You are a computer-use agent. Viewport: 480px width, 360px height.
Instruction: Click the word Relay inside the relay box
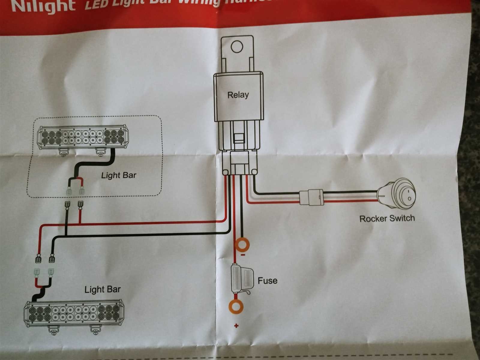point(238,95)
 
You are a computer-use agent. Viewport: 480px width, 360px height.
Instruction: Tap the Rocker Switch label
point(387,218)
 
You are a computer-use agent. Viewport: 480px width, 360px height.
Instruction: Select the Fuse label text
point(267,280)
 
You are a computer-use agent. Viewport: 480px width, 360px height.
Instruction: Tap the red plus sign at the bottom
point(237,326)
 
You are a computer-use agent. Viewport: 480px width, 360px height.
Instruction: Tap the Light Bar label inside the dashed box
point(118,175)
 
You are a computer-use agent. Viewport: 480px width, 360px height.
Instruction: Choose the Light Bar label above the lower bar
point(102,289)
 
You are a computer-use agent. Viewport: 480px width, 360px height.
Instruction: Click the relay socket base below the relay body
point(240,163)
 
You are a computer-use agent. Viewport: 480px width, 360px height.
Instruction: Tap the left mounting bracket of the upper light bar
point(63,152)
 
